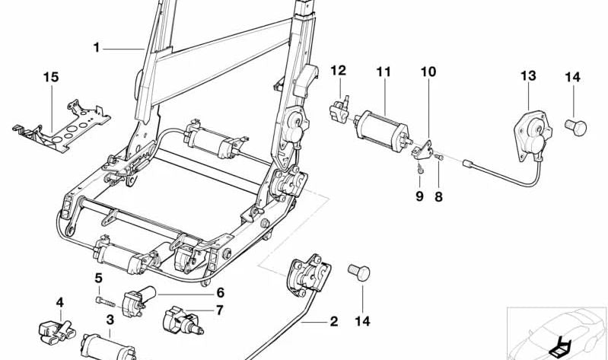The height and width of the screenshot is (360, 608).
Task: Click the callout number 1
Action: (x=97, y=48)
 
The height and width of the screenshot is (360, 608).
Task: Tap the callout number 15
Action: (x=50, y=77)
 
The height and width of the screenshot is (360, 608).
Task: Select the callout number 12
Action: (x=338, y=71)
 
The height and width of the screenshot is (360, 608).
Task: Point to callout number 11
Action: (x=383, y=72)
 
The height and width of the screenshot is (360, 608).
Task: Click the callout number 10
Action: (x=428, y=72)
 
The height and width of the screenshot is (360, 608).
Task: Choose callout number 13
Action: (x=528, y=75)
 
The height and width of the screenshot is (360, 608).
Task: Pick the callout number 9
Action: (x=419, y=197)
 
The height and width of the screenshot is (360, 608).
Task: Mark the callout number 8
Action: (x=438, y=197)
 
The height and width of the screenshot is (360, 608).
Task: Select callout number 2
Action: (x=333, y=321)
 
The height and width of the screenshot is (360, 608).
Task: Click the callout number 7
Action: (x=220, y=310)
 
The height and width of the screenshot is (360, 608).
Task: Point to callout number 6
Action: (x=220, y=292)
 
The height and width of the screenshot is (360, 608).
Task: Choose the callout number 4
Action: (x=60, y=301)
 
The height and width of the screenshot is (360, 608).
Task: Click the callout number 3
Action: (x=110, y=320)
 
